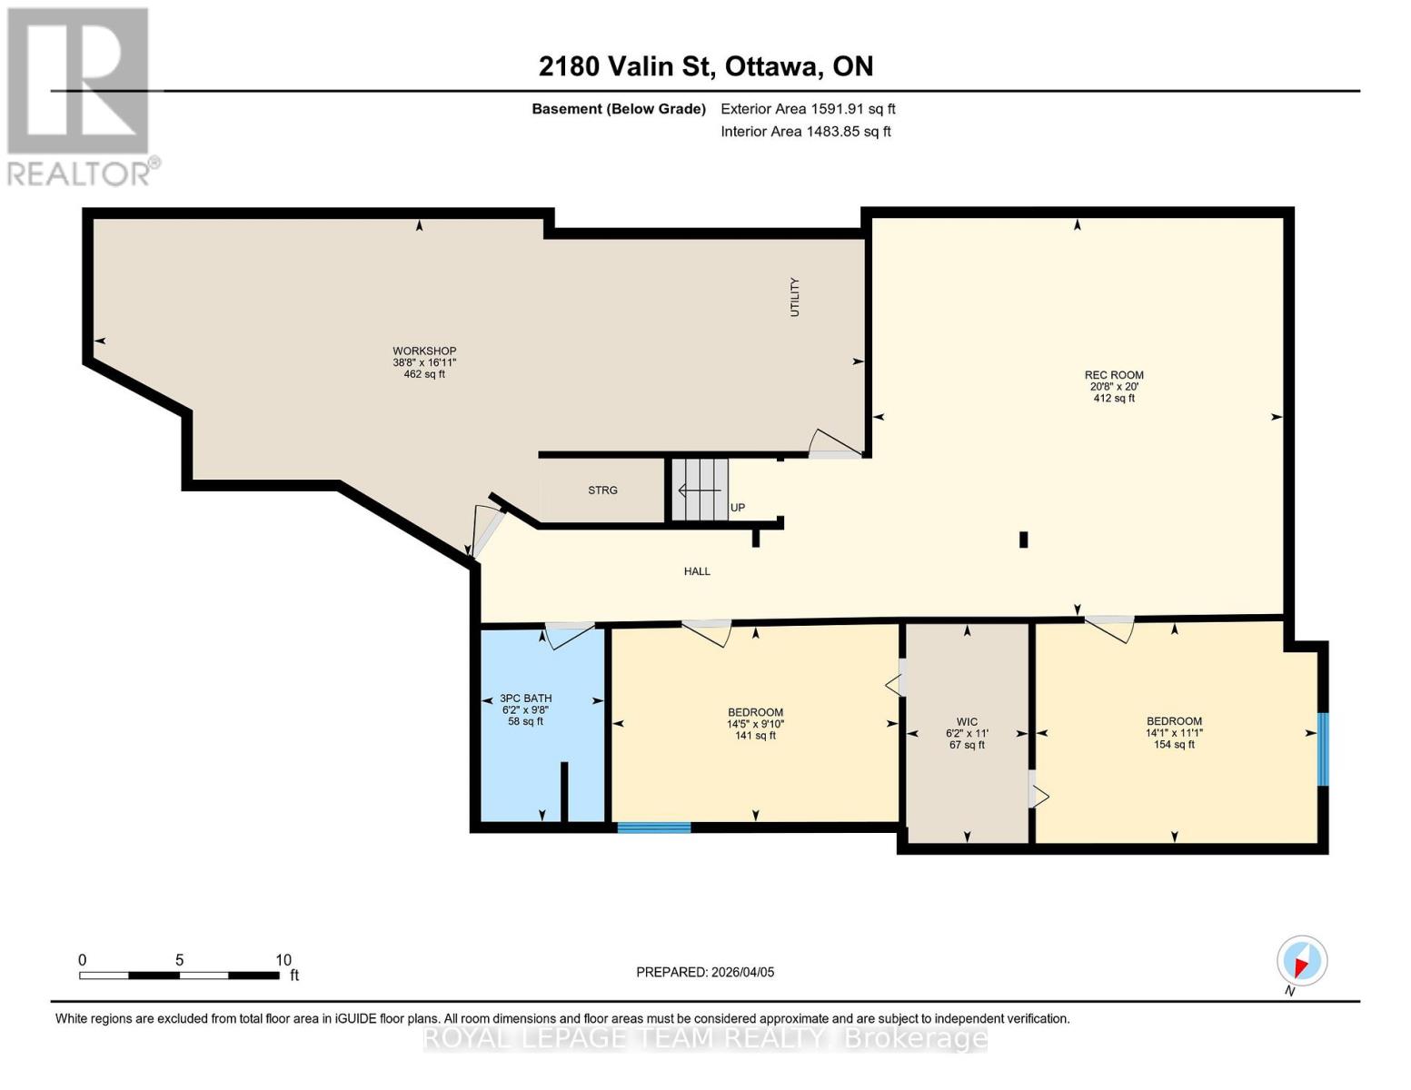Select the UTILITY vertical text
coord(795,297)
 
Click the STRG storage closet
coord(602,490)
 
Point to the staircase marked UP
coord(701,490)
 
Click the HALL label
coord(697,571)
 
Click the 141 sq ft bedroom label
coord(755,724)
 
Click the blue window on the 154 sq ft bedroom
coord(1323,749)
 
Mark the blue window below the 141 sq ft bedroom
coord(654,827)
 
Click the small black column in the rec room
coord(1023,540)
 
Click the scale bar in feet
coord(179,976)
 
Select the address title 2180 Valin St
coord(706,66)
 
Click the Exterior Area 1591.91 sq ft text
coord(808,109)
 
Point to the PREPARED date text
coord(705,972)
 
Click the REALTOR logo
coord(79,95)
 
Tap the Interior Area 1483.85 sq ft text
coord(805,132)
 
